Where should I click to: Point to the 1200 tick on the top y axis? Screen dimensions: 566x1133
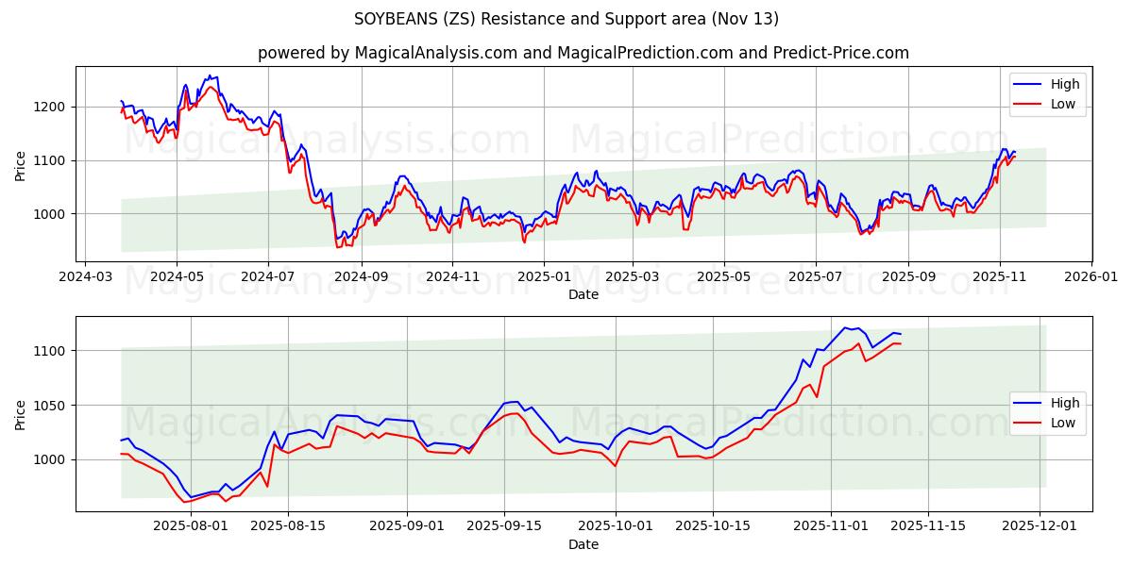(x=53, y=107)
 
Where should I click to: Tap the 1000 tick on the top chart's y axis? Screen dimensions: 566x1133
(x=53, y=214)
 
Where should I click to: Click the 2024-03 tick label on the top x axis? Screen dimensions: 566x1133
(x=87, y=277)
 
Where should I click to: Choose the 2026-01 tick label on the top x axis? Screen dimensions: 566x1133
(x=1091, y=277)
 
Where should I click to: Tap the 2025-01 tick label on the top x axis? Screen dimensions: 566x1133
(x=543, y=277)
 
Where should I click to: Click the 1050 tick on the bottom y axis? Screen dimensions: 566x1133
(x=53, y=406)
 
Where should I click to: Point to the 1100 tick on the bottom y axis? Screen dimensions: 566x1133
(x=53, y=351)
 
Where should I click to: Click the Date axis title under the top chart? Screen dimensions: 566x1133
(x=583, y=294)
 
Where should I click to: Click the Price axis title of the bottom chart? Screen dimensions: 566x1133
(x=21, y=414)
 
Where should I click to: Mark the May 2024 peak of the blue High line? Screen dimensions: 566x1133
(x=211, y=75)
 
